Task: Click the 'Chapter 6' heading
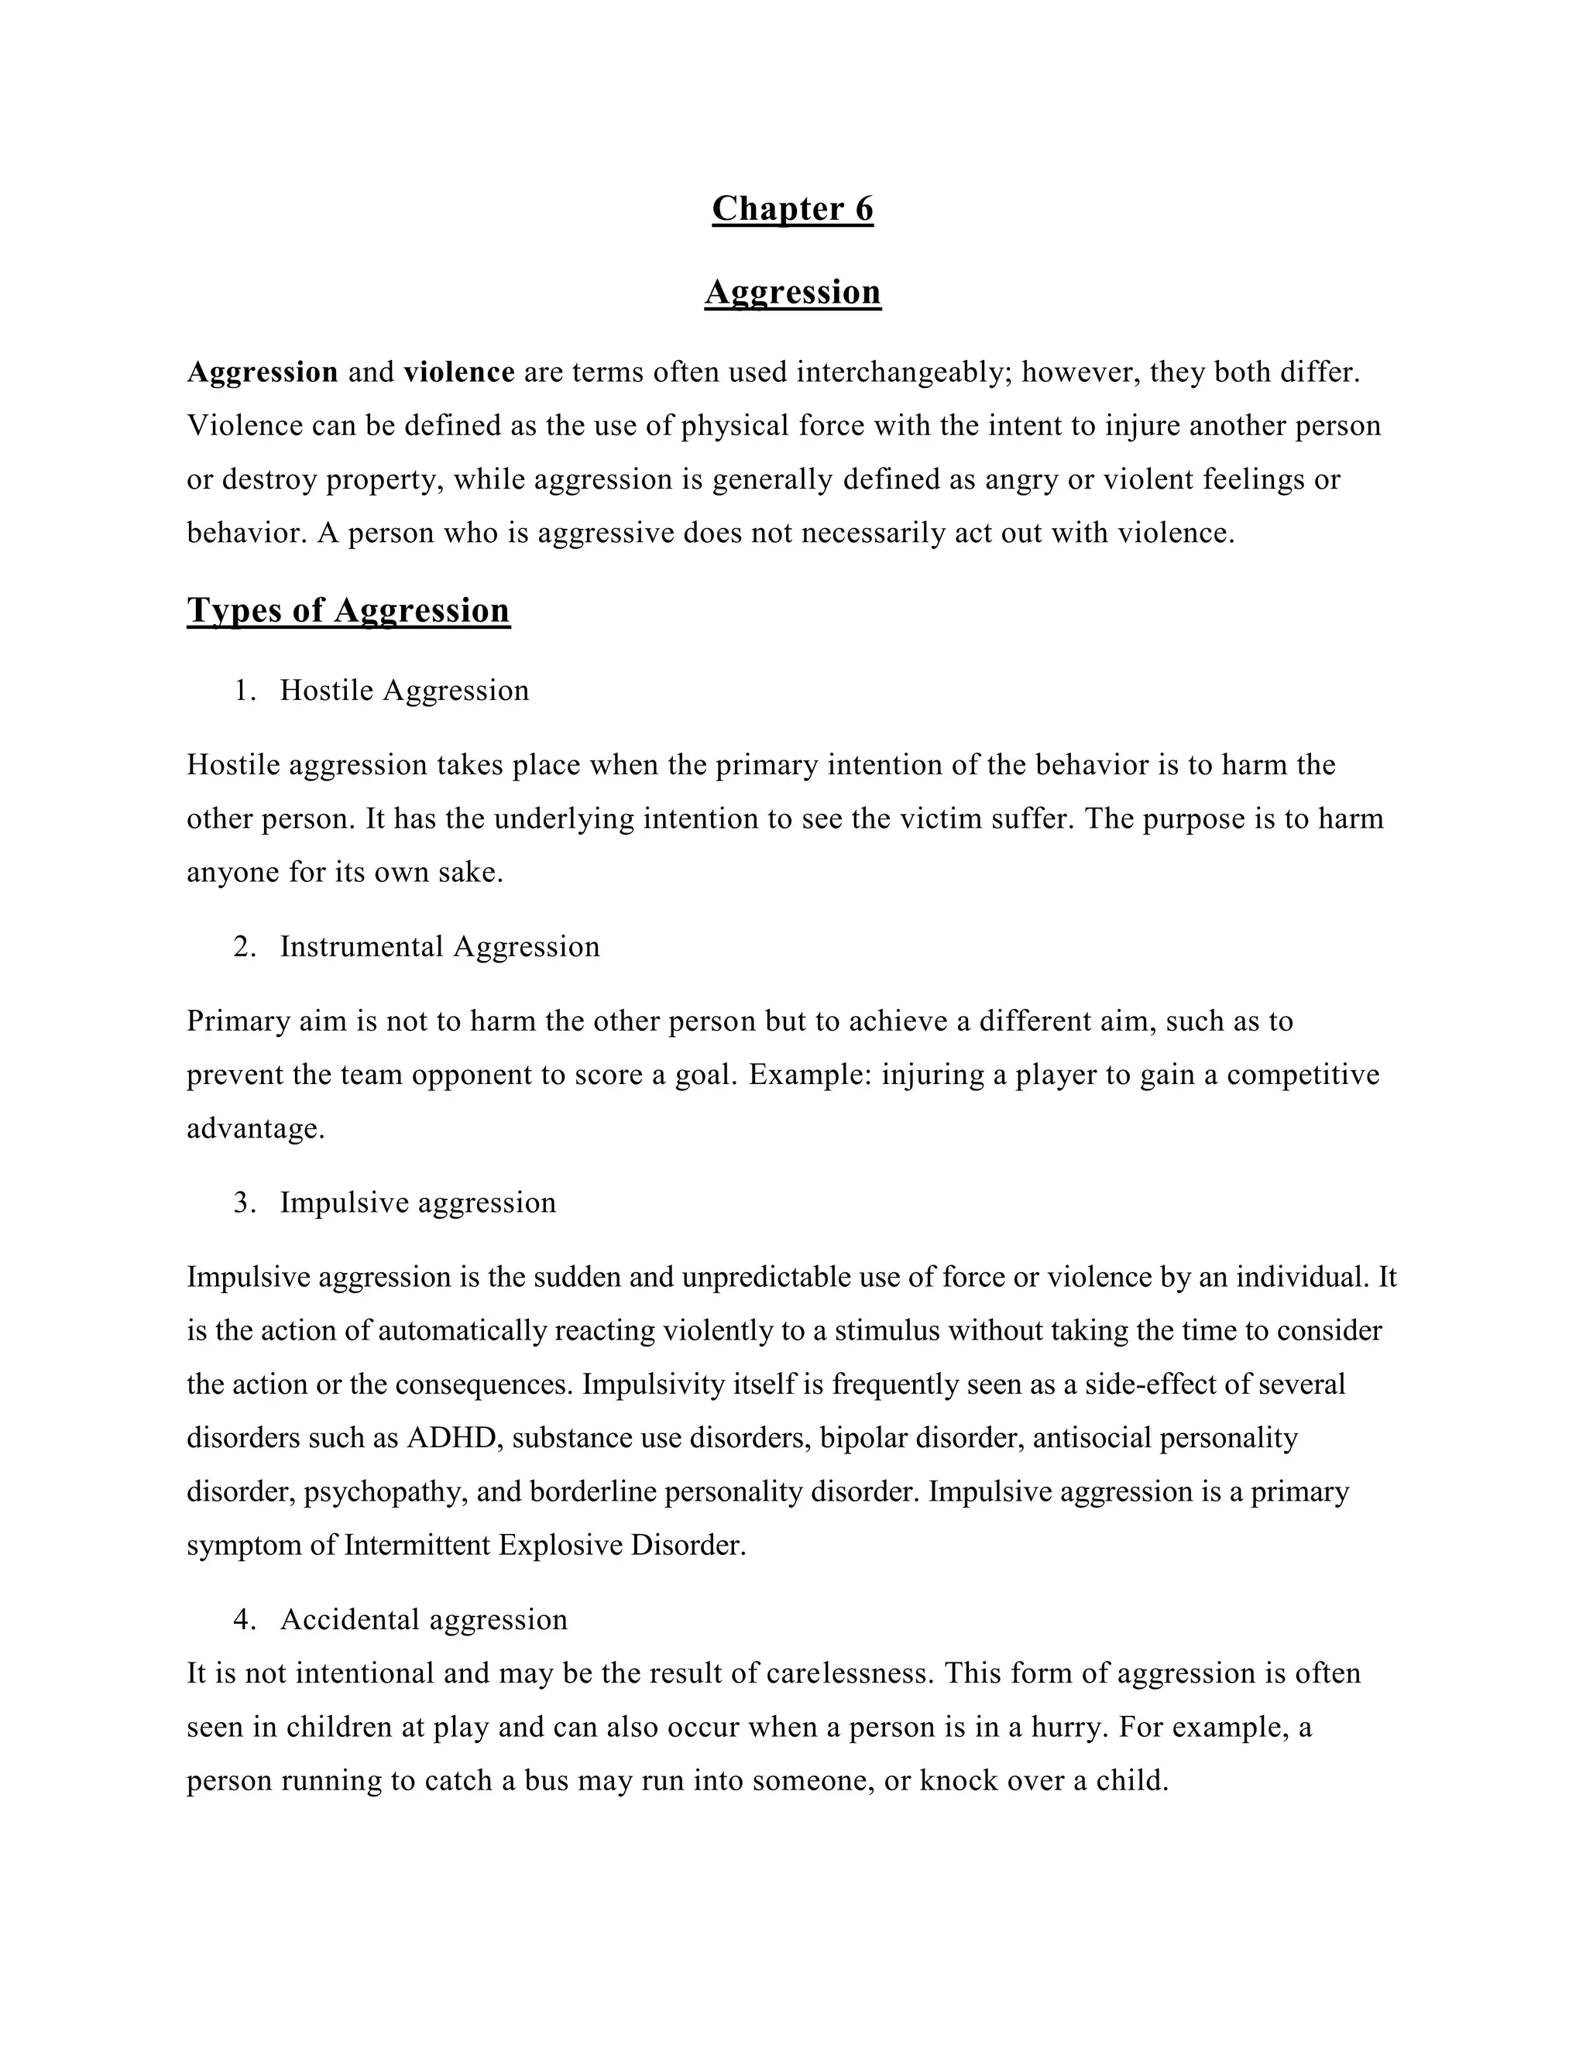pos(792,208)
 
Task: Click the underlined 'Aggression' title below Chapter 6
pos(792,292)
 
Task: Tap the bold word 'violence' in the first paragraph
pos(458,373)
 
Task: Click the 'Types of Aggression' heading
pos(348,611)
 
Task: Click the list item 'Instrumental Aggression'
pos(439,946)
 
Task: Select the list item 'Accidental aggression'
pos(423,1619)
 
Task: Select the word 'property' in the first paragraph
pos(384,480)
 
